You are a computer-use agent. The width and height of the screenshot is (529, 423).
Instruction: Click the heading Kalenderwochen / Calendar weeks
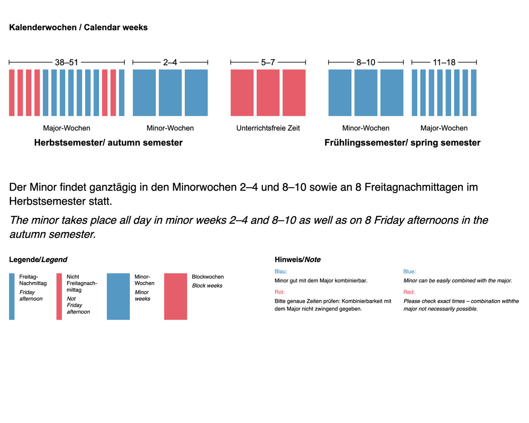coord(78,28)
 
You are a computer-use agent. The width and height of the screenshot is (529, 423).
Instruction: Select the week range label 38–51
coord(67,62)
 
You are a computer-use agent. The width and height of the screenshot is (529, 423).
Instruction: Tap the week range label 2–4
coord(170,62)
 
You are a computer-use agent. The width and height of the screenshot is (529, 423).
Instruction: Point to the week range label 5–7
coord(268,62)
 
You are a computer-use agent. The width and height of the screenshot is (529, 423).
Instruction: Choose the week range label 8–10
coord(366,62)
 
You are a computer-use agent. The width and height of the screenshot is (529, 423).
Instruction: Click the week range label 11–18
coord(444,62)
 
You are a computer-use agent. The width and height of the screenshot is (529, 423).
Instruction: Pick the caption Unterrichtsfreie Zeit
coord(268,128)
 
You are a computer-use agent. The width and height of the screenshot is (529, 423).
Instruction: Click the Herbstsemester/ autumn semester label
coord(108,143)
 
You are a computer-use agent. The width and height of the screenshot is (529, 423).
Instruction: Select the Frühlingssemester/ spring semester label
coord(402,143)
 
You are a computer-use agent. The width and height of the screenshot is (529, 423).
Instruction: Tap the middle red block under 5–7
coord(268,93)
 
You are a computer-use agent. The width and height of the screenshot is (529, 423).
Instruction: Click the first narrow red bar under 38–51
coord(12,93)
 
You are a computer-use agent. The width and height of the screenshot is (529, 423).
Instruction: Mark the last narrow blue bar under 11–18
coord(474,93)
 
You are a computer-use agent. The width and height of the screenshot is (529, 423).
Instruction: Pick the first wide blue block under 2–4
coord(144,93)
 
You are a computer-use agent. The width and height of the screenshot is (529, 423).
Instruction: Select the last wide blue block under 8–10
coord(392,93)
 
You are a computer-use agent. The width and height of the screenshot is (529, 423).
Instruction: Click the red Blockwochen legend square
coord(176,296)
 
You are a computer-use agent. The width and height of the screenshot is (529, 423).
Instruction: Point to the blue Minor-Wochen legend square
coord(118,296)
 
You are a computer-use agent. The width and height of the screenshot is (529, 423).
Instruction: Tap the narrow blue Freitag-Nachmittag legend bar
coord(12,296)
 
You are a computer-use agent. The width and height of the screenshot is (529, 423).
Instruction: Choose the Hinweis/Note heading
coord(298,260)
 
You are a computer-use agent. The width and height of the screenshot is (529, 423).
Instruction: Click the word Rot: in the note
coord(280,292)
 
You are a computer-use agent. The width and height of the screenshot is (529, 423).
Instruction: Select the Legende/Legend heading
coord(38,260)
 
